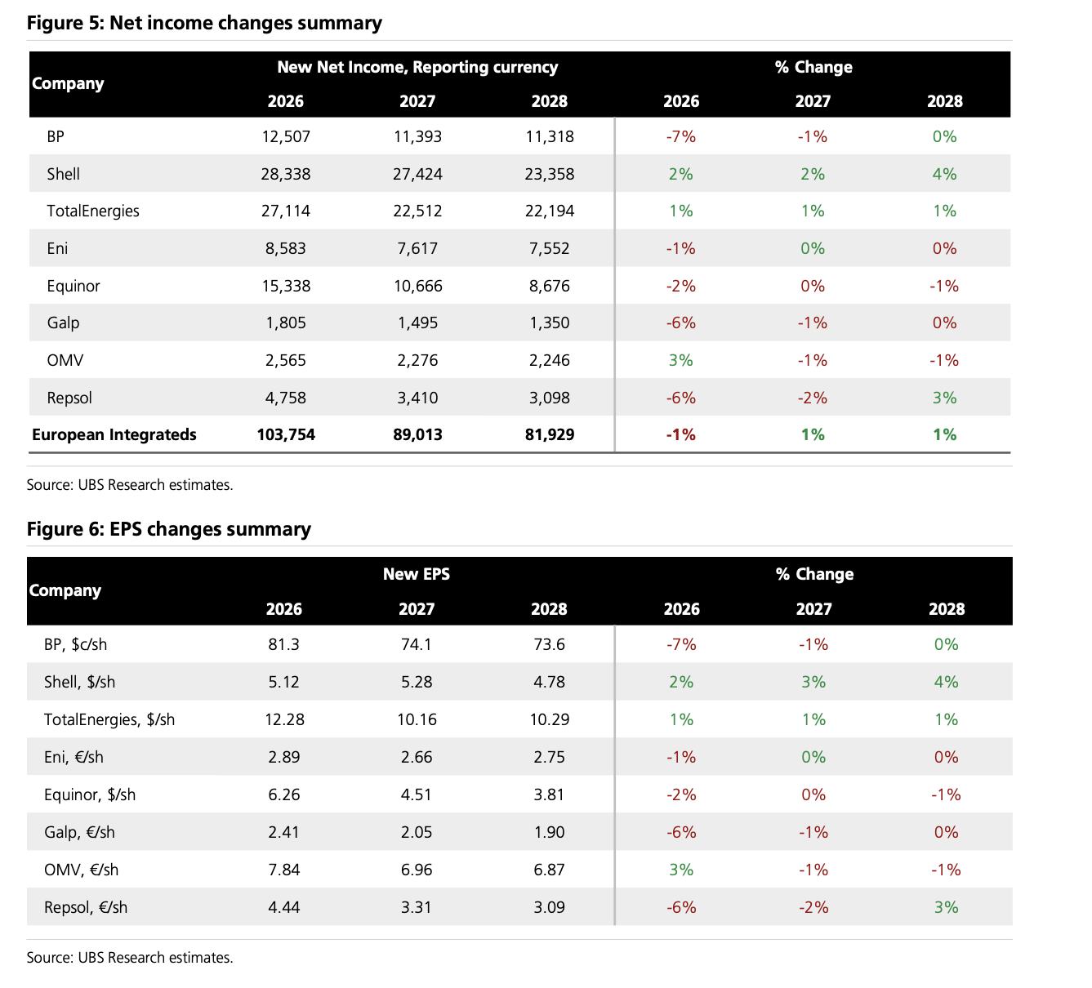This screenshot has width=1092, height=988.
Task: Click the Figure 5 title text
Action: click(x=204, y=23)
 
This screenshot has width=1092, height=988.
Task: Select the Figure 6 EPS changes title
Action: click(x=168, y=529)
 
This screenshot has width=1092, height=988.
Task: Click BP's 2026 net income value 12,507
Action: click(x=286, y=136)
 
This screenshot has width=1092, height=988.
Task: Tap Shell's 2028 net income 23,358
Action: click(x=550, y=174)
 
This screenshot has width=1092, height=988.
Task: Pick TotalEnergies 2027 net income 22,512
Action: click(x=417, y=211)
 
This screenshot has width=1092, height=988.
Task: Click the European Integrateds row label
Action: click(x=114, y=434)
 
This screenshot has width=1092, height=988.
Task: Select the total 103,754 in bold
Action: click(x=286, y=434)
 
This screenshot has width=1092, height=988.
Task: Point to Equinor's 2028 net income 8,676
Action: click(x=550, y=286)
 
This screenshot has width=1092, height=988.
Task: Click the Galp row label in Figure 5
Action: click(x=63, y=323)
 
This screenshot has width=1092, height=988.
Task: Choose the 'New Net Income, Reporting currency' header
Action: click(x=417, y=67)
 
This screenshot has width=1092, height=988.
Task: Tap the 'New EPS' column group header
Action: click(x=417, y=574)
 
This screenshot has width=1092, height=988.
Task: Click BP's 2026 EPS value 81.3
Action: click(x=284, y=644)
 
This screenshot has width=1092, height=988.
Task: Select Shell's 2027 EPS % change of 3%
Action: click(x=813, y=682)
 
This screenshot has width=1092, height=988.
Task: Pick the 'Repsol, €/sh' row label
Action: click(x=86, y=907)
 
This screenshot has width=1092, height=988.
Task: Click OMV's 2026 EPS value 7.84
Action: click(x=284, y=870)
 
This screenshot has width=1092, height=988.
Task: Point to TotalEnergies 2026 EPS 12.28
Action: click(x=284, y=719)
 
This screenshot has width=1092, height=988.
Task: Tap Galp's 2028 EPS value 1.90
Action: click(x=549, y=832)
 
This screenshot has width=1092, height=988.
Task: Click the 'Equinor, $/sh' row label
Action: click(x=90, y=794)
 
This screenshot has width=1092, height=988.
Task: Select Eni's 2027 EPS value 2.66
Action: click(x=417, y=757)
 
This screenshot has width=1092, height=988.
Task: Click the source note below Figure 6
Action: click(x=130, y=958)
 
